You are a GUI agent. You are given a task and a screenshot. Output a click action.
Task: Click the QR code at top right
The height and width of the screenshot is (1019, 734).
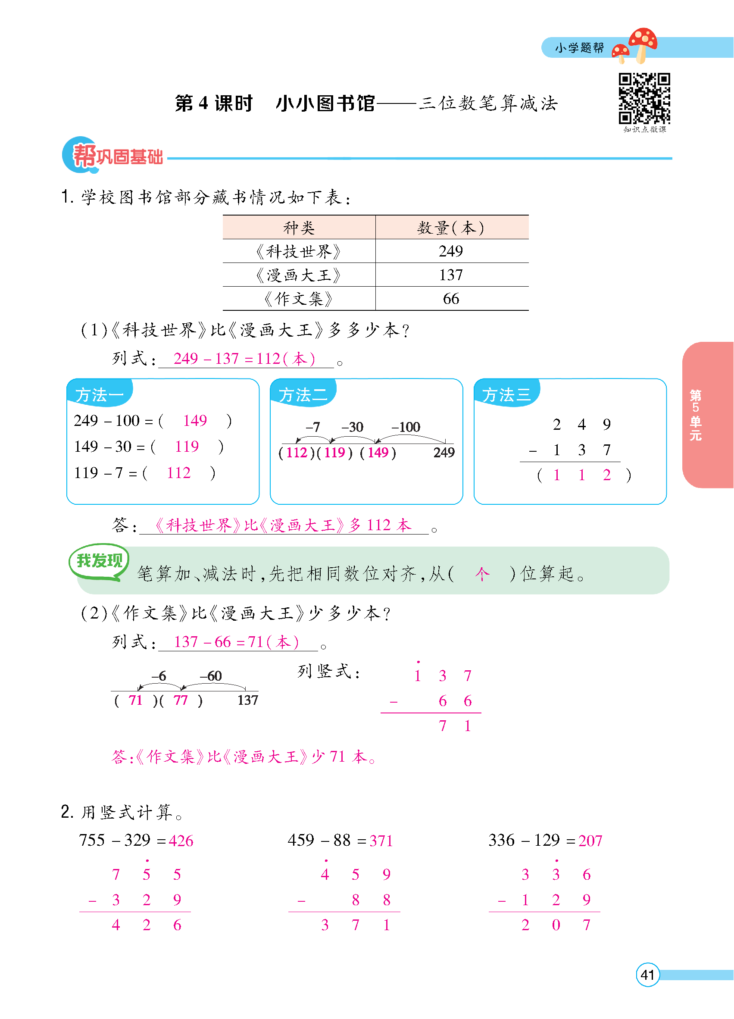(x=644, y=98)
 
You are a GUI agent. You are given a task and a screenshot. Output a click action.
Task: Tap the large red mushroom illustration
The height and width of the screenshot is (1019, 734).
(x=643, y=42)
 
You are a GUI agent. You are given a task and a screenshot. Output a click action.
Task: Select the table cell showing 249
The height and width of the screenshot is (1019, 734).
(x=451, y=251)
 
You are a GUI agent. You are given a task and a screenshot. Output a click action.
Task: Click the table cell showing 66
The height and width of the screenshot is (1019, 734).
(x=451, y=299)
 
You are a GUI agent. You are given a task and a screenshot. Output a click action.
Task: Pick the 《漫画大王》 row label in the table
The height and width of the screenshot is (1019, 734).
(x=299, y=275)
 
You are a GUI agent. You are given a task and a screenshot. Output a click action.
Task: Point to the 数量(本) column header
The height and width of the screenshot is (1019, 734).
(x=451, y=228)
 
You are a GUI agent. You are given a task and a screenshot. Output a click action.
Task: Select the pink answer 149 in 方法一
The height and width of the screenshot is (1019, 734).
(x=195, y=421)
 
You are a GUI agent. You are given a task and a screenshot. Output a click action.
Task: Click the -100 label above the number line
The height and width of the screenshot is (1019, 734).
(x=406, y=427)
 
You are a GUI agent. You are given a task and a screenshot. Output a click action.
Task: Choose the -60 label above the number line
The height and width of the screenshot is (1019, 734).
(x=211, y=676)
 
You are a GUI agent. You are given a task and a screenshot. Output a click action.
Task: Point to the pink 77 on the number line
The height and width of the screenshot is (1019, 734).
(x=181, y=700)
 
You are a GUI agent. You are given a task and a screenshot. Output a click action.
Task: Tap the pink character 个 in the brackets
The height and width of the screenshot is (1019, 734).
(x=482, y=574)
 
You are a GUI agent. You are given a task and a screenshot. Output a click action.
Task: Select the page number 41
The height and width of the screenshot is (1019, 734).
(x=647, y=975)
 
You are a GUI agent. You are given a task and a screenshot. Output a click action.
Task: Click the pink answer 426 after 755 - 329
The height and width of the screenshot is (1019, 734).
(x=181, y=841)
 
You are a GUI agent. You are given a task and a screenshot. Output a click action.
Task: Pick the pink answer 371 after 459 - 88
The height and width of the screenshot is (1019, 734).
(x=381, y=841)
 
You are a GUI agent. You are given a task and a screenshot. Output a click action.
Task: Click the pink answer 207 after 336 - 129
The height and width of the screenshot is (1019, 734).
(x=590, y=841)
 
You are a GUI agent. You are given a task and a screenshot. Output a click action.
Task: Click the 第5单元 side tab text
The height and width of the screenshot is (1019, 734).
(x=695, y=415)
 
